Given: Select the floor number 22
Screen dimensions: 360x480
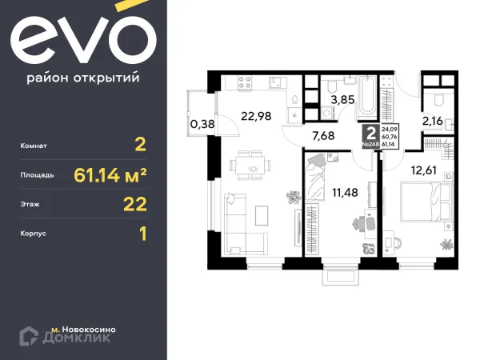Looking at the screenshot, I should click(134, 204).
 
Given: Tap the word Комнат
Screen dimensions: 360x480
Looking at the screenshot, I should click(37, 146).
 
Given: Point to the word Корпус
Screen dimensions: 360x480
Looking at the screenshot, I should click(36, 234).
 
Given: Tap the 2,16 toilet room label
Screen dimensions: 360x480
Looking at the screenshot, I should click(438, 123).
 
